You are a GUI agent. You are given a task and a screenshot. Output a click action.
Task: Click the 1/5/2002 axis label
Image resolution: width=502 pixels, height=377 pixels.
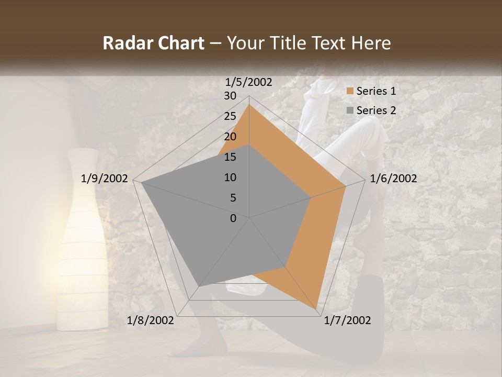pyautogui.click(x=249, y=82)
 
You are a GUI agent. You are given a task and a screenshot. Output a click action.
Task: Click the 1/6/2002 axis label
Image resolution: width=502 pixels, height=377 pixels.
pyautogui.click(x=393, y=179)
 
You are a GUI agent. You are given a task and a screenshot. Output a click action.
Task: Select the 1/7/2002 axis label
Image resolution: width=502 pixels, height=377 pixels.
pyautogui.click(x=347, y=320)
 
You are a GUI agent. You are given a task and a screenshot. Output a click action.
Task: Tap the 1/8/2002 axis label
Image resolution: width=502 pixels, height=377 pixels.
pyautogui.click(x=151, y=320)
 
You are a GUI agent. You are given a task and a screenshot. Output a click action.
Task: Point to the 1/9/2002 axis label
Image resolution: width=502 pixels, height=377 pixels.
pyautogui.click(x=105, y=179)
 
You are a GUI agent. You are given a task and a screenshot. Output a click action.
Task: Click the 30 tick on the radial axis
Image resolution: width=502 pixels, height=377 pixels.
pyautogui.click(x=230, y=96)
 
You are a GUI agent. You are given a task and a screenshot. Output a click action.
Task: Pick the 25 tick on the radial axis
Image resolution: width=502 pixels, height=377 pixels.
pyautogui.click(x=230, y=116)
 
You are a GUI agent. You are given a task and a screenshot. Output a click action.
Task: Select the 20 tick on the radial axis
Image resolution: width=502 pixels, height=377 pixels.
pyautogui.click(x=230, y=137)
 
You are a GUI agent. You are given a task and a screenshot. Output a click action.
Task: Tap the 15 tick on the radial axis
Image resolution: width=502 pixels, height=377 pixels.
pyautogui.click(x=230, y=157)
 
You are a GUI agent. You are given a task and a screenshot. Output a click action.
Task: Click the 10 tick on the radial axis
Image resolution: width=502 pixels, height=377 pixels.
pyautogui.click(x=230, y=178)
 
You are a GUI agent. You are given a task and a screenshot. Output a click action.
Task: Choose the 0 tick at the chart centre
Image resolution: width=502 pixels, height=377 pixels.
pyautogui.click(x=233, y=218)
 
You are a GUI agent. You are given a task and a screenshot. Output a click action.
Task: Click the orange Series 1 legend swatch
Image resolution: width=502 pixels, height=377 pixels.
pyautogui.click(x=350, y=92)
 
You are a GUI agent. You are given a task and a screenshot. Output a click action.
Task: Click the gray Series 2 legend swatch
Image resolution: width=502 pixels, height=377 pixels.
pyautogui.click(x=350, y=110)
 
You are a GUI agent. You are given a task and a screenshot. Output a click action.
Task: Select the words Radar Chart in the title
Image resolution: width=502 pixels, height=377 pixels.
pyautogui.click(x=153, y=43)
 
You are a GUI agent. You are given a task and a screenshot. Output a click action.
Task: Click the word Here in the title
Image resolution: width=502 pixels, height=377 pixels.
pyautogui.click(x=371, y=43)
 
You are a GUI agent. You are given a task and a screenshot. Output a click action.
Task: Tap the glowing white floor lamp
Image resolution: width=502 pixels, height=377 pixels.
pyautogui.click(x=83, y=241)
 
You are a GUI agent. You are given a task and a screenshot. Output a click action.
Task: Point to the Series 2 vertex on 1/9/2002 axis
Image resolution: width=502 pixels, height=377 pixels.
pyautogui.click(x=142, y=182)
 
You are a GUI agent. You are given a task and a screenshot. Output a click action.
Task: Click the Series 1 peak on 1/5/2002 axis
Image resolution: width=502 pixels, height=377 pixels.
pyautogui.click(x=249, y=105)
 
